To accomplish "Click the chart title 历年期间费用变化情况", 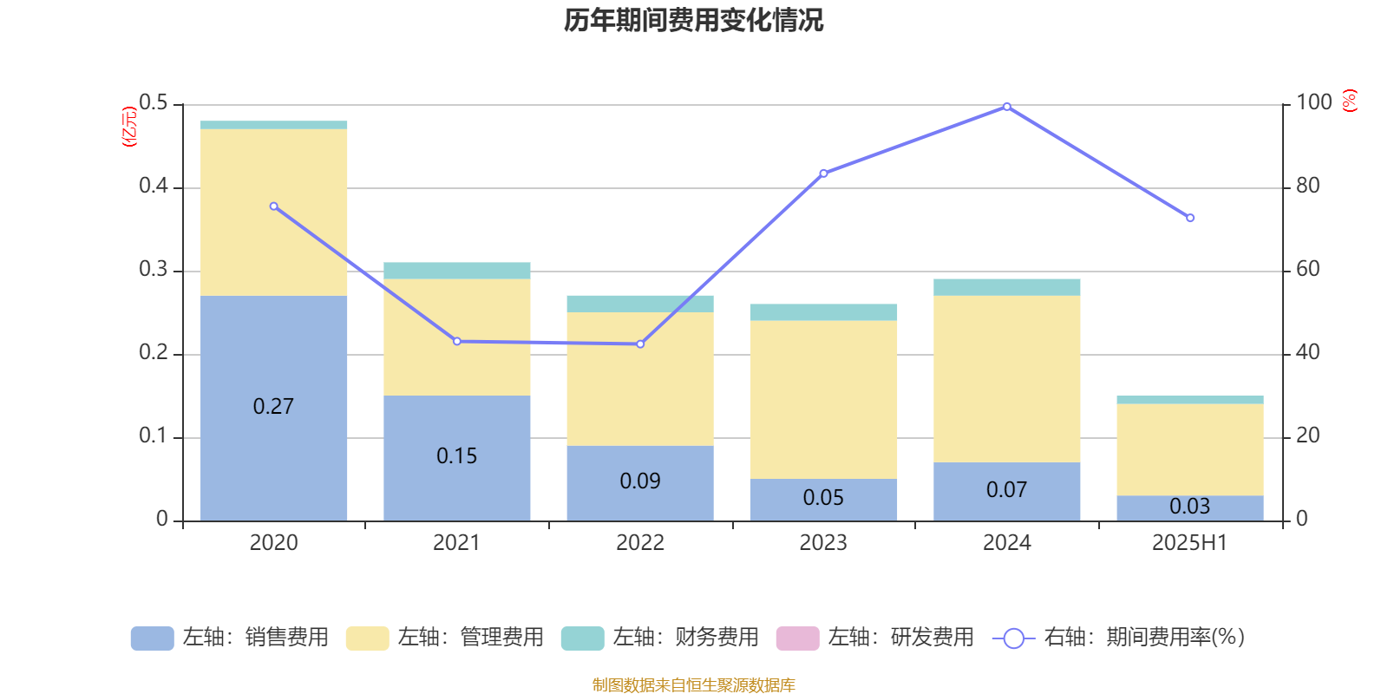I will (x=693, y=20).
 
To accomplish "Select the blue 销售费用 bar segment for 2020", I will (x=273, y=364).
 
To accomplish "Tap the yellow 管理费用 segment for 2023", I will (x=823, y=399).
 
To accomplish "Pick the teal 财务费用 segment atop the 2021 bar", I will (x=457, y=271).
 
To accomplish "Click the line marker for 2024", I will (x=1006, y=107).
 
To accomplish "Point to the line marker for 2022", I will (x=640, y=344).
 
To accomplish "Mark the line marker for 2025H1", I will (x=1190, y=218).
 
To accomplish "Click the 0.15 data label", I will (x=457, y=456).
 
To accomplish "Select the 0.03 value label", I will (x=1189, y=506).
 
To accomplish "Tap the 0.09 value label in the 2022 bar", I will (x=640, y=481).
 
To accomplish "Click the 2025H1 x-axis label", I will (x=1189, y=543).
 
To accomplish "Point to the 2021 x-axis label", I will (x=456, y=543).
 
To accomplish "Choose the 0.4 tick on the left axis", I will (x=154, y=187).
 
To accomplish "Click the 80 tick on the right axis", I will (x=1307, y=186).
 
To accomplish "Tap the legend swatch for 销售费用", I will (x=152, y=638).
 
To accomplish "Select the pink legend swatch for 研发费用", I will (x=797, y=638).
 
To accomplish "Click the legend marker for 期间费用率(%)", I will (x=1013, y=638).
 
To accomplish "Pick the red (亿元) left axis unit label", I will (x=129, y=127).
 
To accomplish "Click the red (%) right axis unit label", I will (x=1350, y=101).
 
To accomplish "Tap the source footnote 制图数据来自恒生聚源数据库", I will (x=693, y=685).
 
